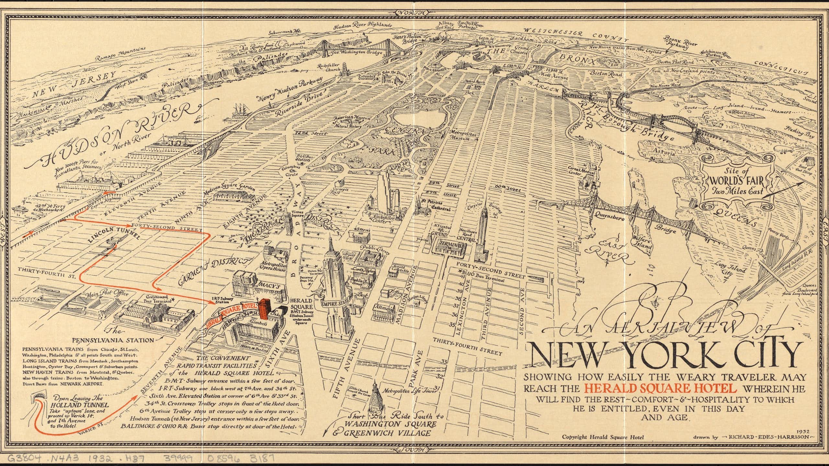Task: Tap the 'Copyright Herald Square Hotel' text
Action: coord(603,437)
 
